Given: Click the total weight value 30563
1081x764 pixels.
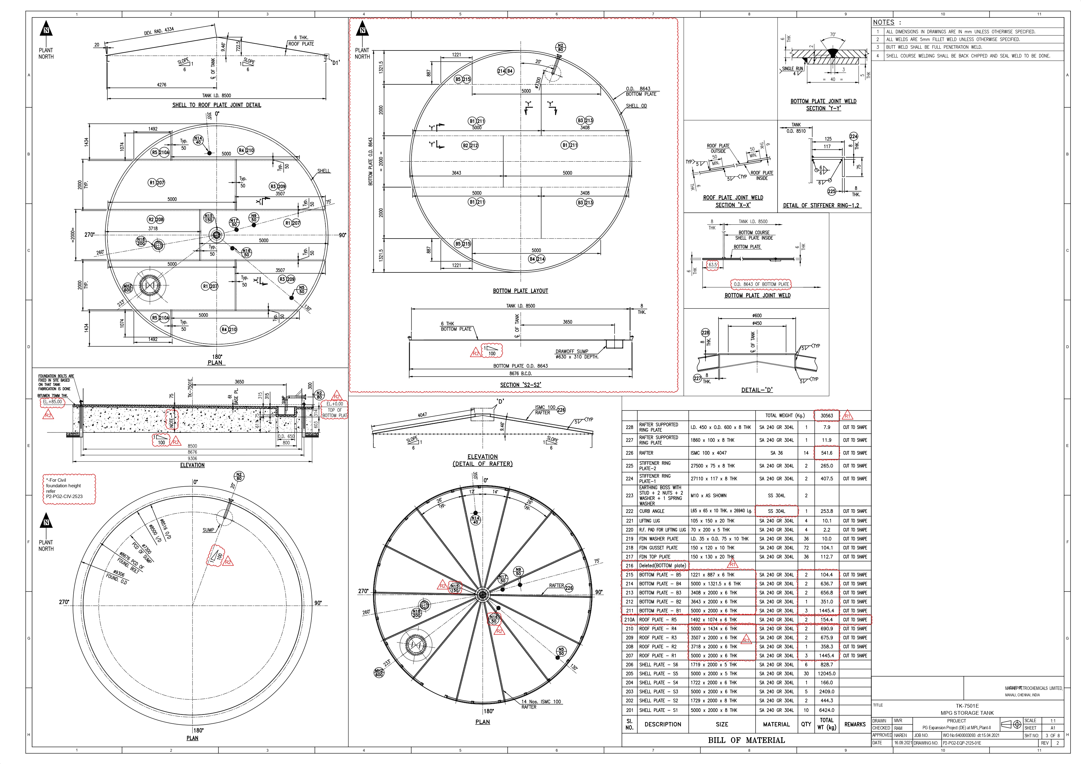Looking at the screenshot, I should [827, 416].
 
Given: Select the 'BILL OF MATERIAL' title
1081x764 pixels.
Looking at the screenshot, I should [746, 740].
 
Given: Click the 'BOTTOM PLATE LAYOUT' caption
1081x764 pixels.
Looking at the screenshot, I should [520, 291].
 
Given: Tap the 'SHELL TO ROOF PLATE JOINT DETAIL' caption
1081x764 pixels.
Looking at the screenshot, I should [217, 105].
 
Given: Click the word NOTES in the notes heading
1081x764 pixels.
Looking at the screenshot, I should [883, 22].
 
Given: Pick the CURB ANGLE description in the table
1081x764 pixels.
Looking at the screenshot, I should [652, 511].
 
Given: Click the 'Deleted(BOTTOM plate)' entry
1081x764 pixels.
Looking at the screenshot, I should [662, 565].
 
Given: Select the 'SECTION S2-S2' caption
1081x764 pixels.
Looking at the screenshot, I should [520, 385].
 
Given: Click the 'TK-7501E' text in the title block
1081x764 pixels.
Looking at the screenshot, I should [967, 706].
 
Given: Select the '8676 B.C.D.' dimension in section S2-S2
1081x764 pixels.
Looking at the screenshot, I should [520, 373].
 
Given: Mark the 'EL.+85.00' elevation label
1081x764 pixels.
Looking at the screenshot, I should [52, 402].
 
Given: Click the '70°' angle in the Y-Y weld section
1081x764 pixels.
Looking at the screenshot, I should [832, 35].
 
